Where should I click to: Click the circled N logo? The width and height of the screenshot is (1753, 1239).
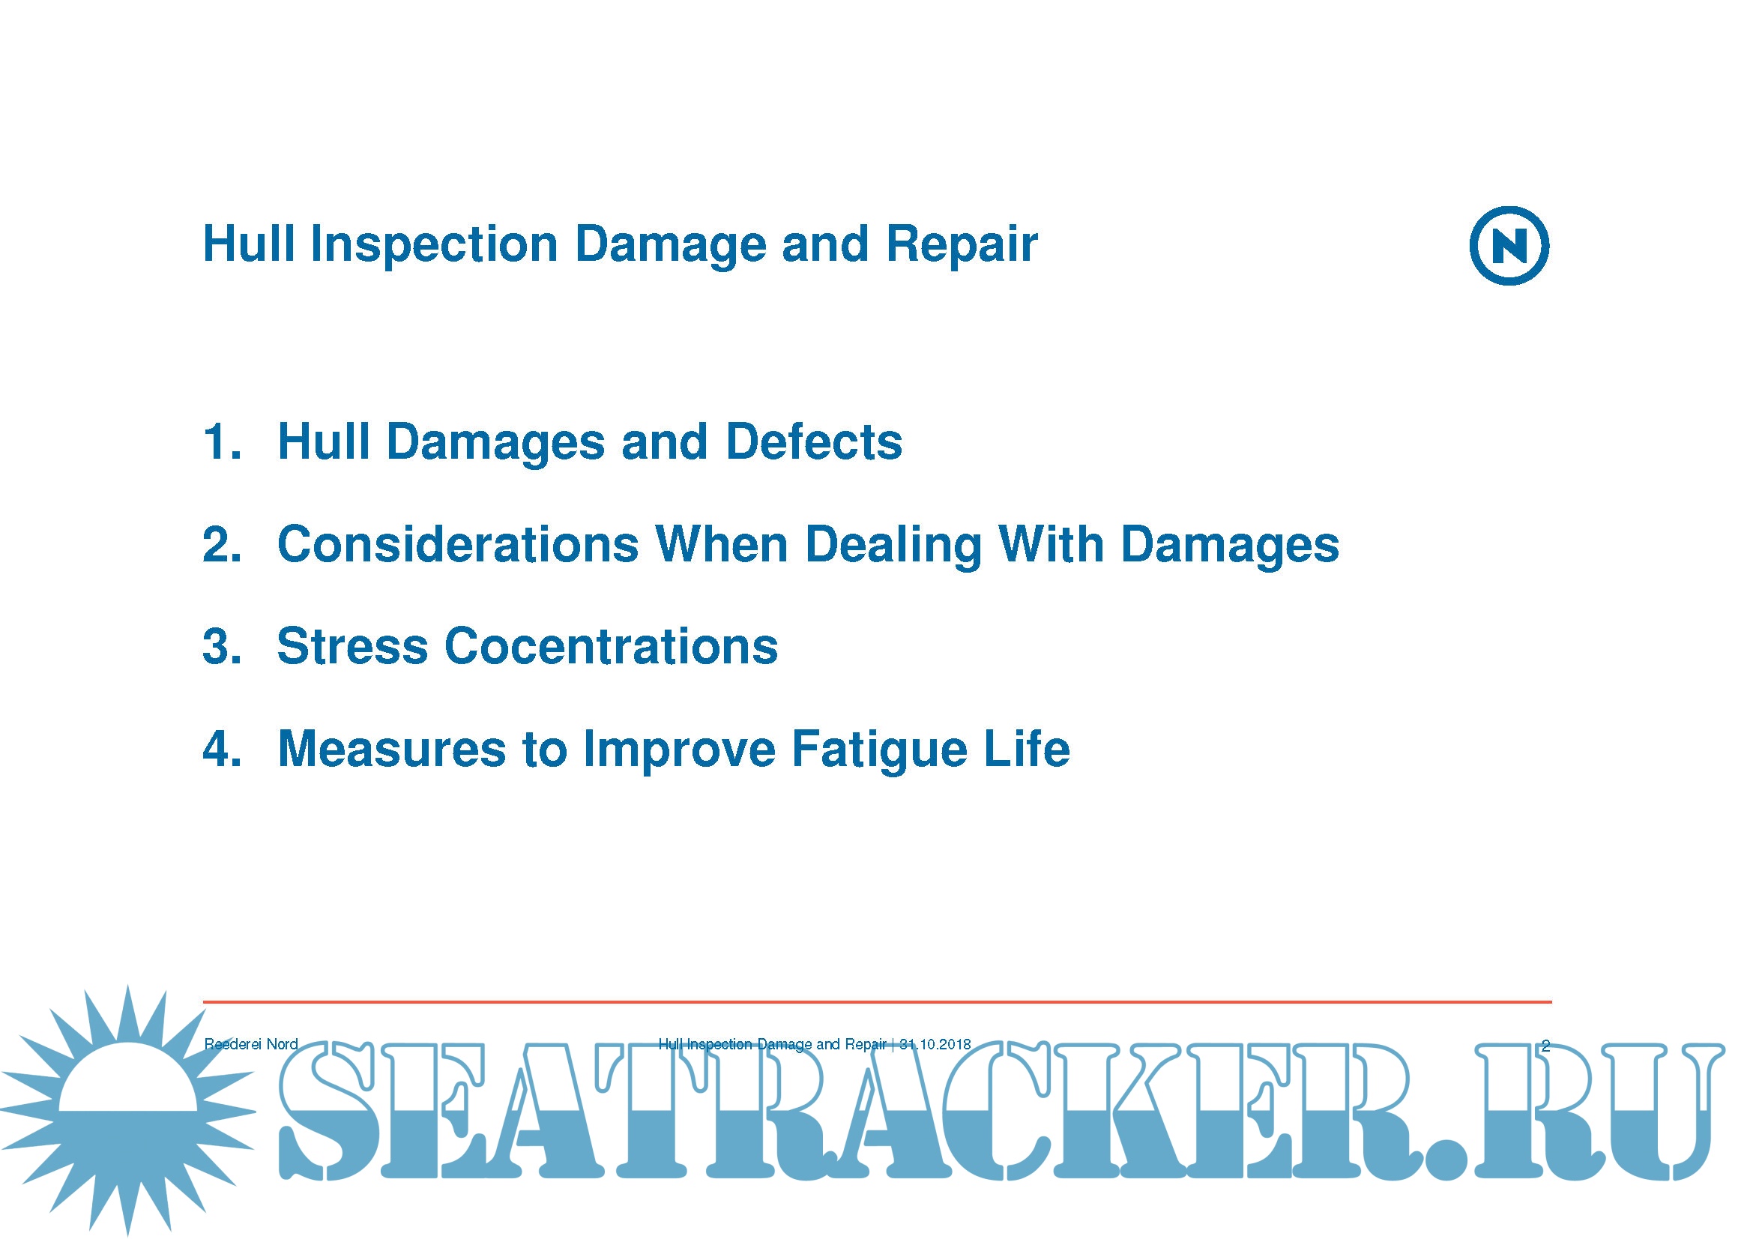tap(1509, 246)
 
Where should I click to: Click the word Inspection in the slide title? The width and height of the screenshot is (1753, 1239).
tap(434, 246)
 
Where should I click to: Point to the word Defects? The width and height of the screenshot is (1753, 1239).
tap(814, 442)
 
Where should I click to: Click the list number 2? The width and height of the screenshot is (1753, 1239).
tap(222, 544)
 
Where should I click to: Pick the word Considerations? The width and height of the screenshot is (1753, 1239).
tap(458, 544)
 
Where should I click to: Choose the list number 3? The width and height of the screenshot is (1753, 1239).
tap(222, 647)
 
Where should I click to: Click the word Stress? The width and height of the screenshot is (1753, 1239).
tap(352, 647)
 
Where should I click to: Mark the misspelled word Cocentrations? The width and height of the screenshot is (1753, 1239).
tap(612, 647)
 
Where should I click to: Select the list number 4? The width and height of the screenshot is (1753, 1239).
tap(222, 749)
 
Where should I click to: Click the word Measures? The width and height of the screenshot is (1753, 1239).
tap(392, 749)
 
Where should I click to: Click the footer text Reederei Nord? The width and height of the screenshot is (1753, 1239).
tap(251, 1044)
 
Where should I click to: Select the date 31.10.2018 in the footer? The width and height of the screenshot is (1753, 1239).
tap(935, 1044)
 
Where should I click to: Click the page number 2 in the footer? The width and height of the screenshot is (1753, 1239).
tap(1545, 1046)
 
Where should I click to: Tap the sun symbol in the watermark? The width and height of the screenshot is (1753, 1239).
tap(127, 1111)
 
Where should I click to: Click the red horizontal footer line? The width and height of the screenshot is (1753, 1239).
tap(878, 1001)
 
